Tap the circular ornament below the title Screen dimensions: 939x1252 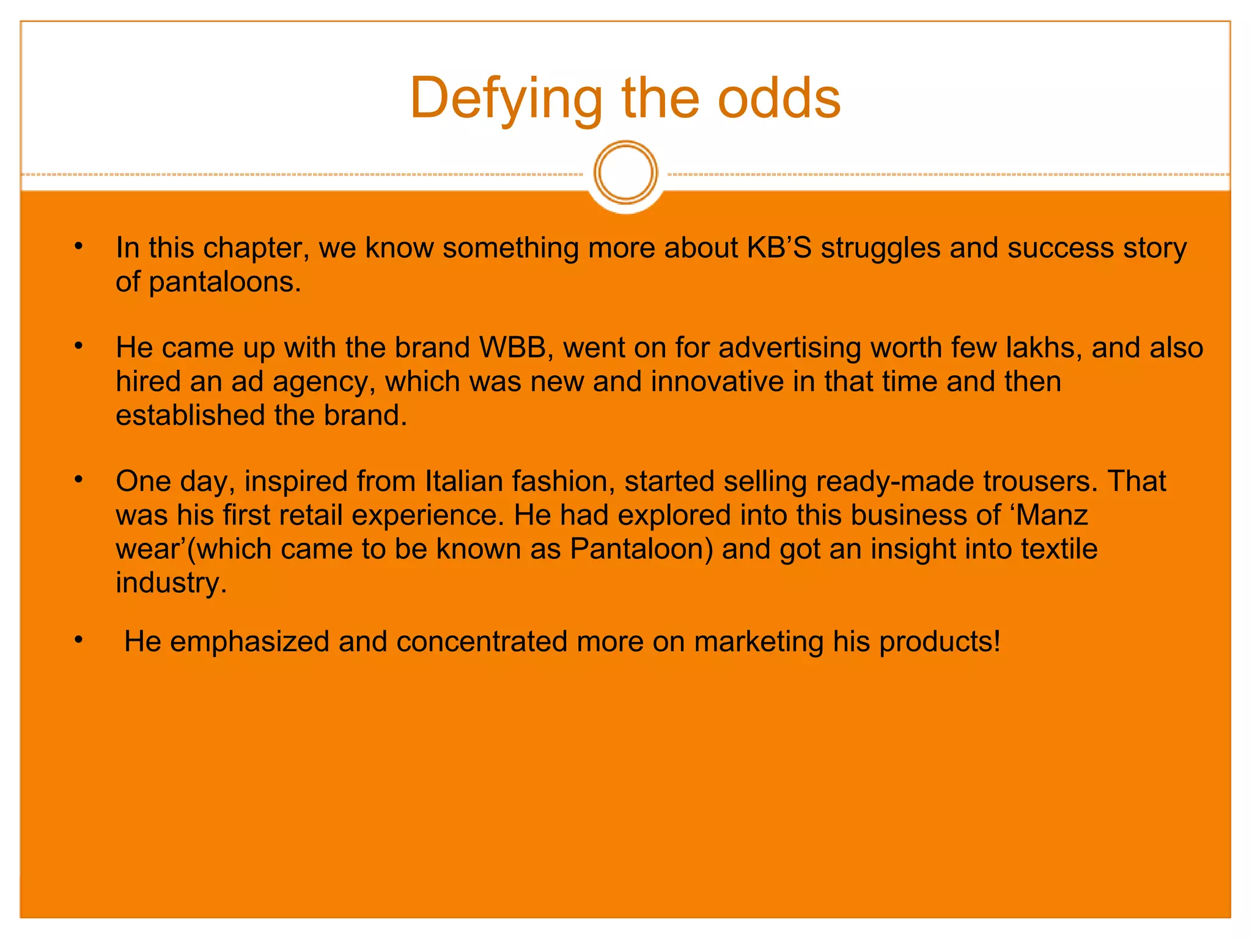[625, 172]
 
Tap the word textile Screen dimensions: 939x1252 [1059, 549]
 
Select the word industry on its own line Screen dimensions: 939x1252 [171, 583]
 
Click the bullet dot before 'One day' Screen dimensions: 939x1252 [78, 480]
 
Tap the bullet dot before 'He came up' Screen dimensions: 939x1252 [78, 347]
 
